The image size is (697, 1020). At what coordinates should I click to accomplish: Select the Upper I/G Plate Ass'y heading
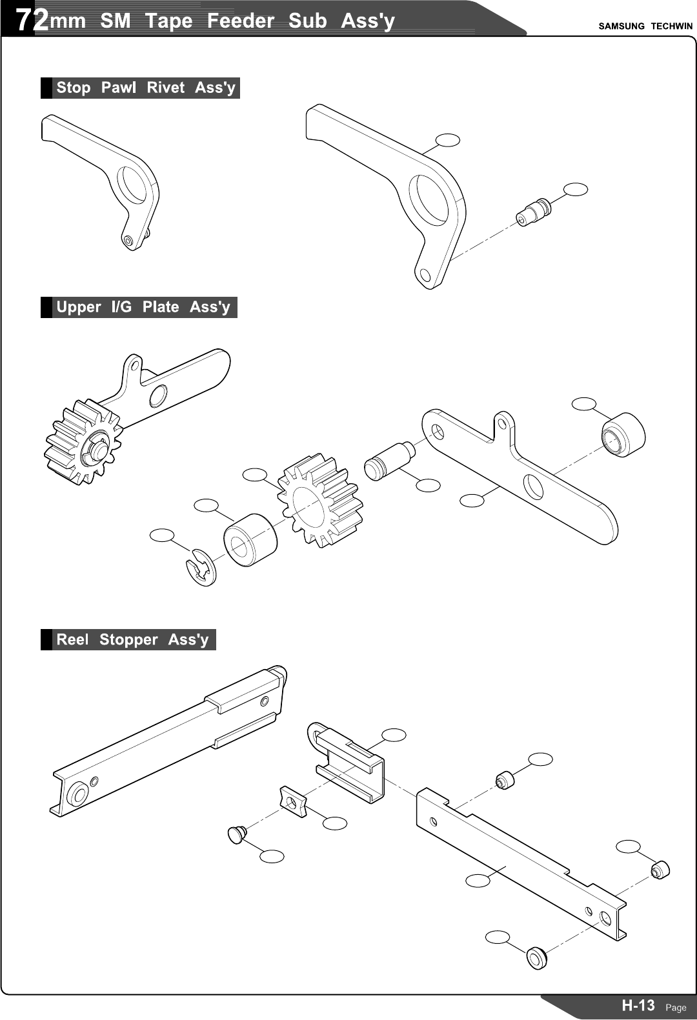(143, 307)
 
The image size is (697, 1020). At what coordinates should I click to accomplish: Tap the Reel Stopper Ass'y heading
(132, 640)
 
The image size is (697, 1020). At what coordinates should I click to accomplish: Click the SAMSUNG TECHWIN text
(645, 26)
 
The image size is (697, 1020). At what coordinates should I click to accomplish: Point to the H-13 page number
(638, 1005)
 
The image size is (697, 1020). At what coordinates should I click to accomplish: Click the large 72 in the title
(32, 21)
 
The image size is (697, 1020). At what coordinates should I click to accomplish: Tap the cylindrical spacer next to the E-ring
(250, 540)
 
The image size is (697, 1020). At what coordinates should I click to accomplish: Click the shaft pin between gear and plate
(389, 459)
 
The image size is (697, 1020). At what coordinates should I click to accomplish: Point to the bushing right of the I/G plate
(623, 434)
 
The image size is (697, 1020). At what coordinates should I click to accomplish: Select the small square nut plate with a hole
(293, 802)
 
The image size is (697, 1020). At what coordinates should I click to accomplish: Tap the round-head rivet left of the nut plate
(237, 834)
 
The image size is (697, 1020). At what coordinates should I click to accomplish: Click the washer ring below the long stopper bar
(536, 957)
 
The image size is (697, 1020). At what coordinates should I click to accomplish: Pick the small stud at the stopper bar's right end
(661, 870)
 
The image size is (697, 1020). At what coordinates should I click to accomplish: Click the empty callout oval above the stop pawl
(448, 140)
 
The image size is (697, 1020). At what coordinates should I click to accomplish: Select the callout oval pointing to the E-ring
(162, 535)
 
